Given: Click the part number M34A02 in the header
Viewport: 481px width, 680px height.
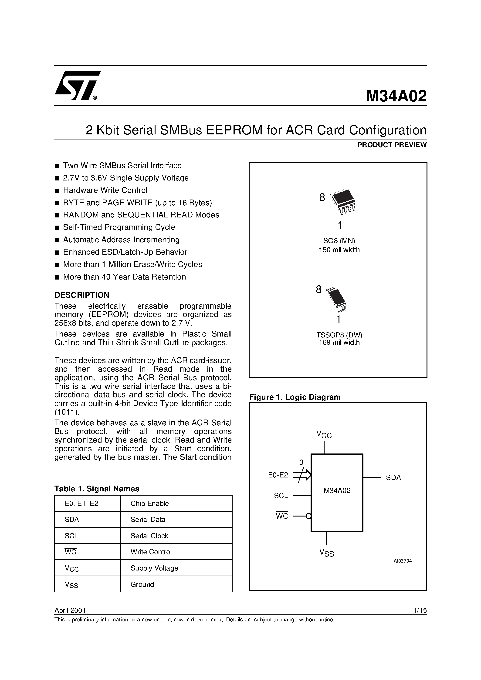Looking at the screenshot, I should [396, 96].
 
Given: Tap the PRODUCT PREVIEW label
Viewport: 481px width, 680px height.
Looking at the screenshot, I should [392, 145].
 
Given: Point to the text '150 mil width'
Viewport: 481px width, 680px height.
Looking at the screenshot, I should [339, 250].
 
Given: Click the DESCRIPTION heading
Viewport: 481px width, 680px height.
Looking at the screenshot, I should [82, 295].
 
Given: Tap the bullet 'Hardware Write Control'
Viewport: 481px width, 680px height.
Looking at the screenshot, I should [105, 190].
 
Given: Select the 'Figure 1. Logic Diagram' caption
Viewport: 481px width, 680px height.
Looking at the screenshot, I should [295, 397].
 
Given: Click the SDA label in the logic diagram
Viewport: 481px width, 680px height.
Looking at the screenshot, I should [393, 477].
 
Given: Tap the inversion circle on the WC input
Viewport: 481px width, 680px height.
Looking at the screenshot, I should [308, 517].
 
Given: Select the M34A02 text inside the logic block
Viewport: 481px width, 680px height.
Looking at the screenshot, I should [337, 491].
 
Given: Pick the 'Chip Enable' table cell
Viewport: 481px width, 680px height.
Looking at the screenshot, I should [149, 503].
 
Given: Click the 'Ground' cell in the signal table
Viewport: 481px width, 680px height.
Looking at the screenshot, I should [142, 584].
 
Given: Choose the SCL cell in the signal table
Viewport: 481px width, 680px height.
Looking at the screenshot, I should [71, 536].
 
